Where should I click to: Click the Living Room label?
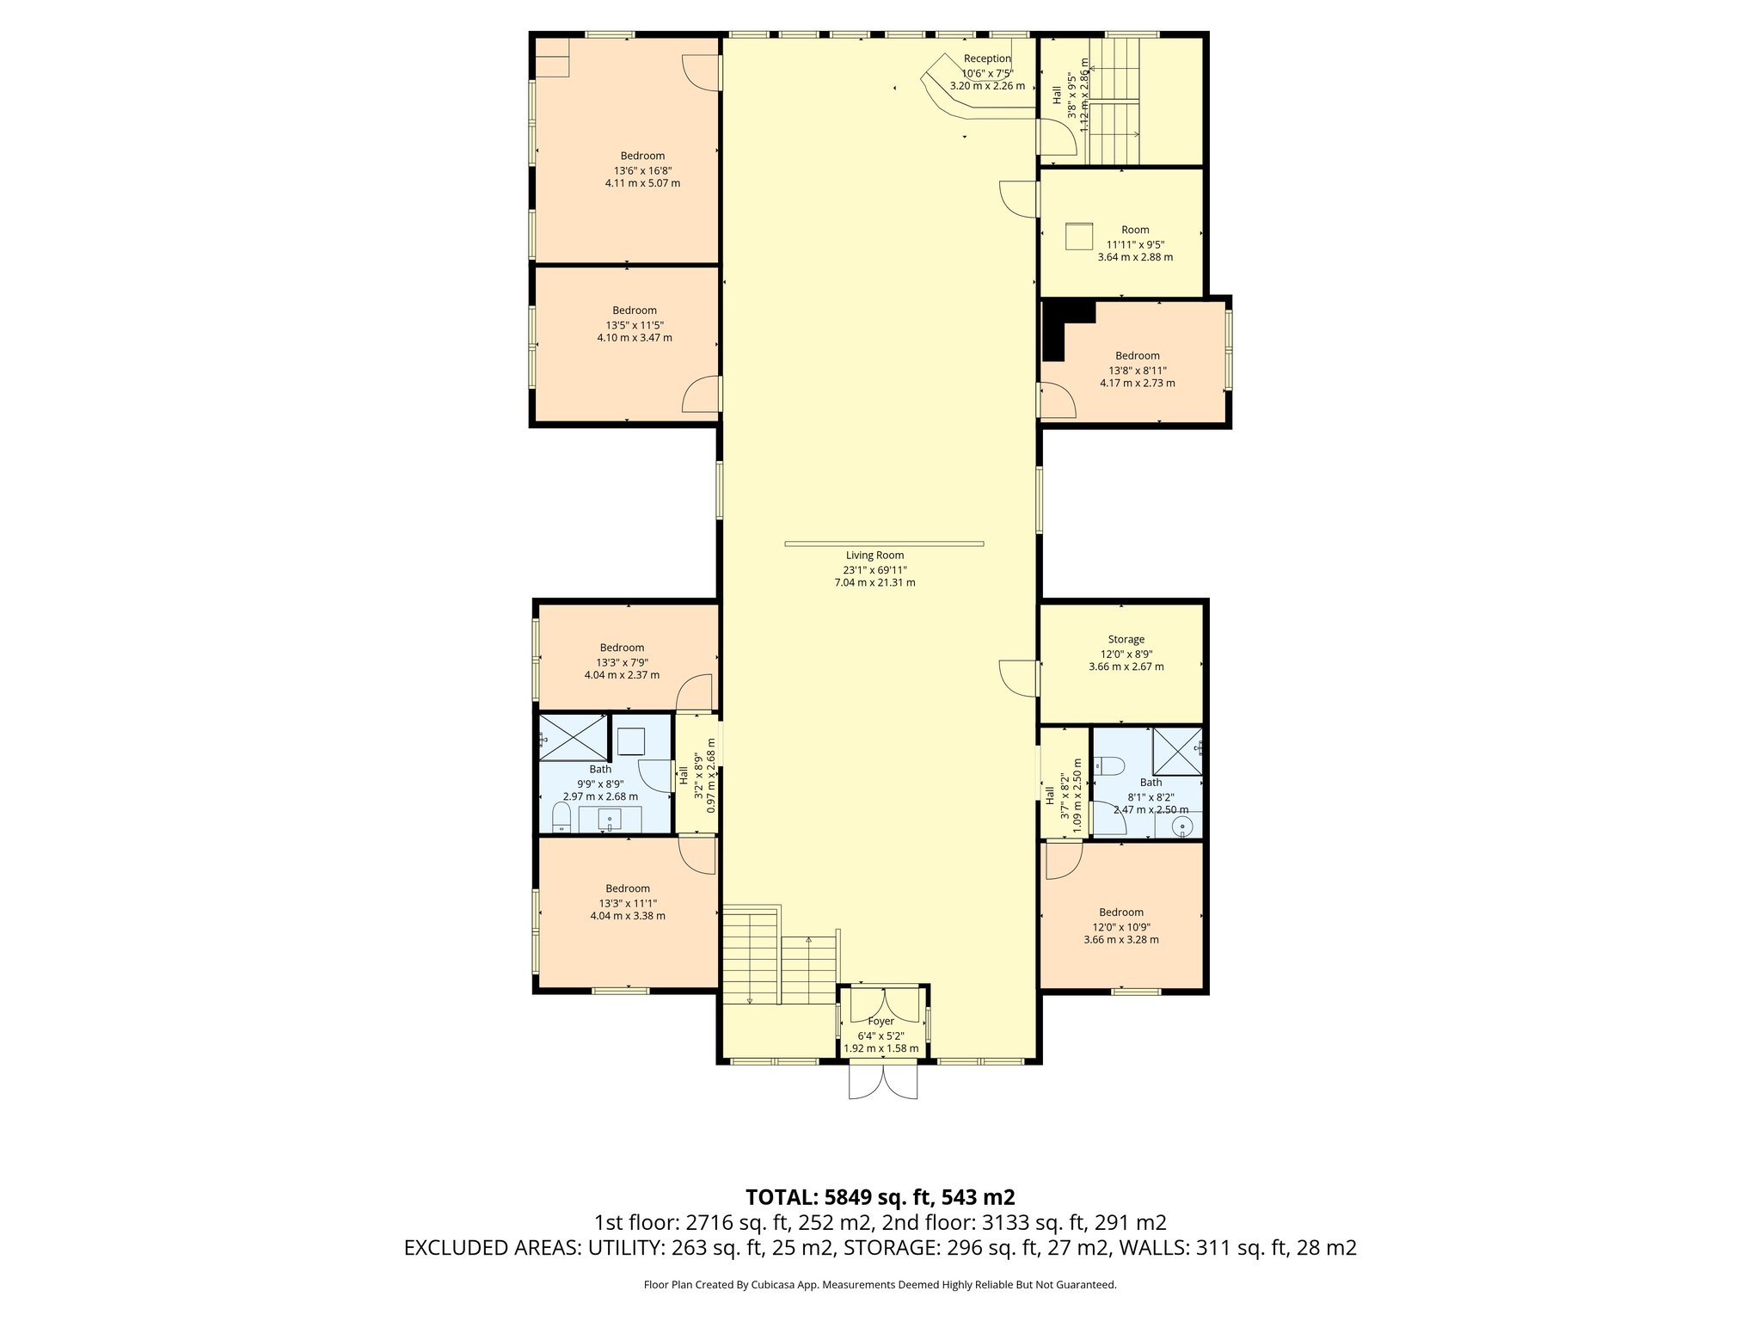pos(874,556)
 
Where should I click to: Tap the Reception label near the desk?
pos(987,58)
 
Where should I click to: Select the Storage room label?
pos(1126,639)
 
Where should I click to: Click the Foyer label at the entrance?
pos(880,1021)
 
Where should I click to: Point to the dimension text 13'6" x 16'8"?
pos(642,169)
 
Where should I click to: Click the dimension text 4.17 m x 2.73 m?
pos(1137,383)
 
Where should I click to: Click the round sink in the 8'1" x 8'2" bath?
pos(1184,827)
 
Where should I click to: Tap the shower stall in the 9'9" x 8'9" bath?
pos(572,738)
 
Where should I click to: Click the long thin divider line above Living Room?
pos(884,543)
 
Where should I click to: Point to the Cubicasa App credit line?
pos(880,1285)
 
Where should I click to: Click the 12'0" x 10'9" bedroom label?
pos(1120,912)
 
